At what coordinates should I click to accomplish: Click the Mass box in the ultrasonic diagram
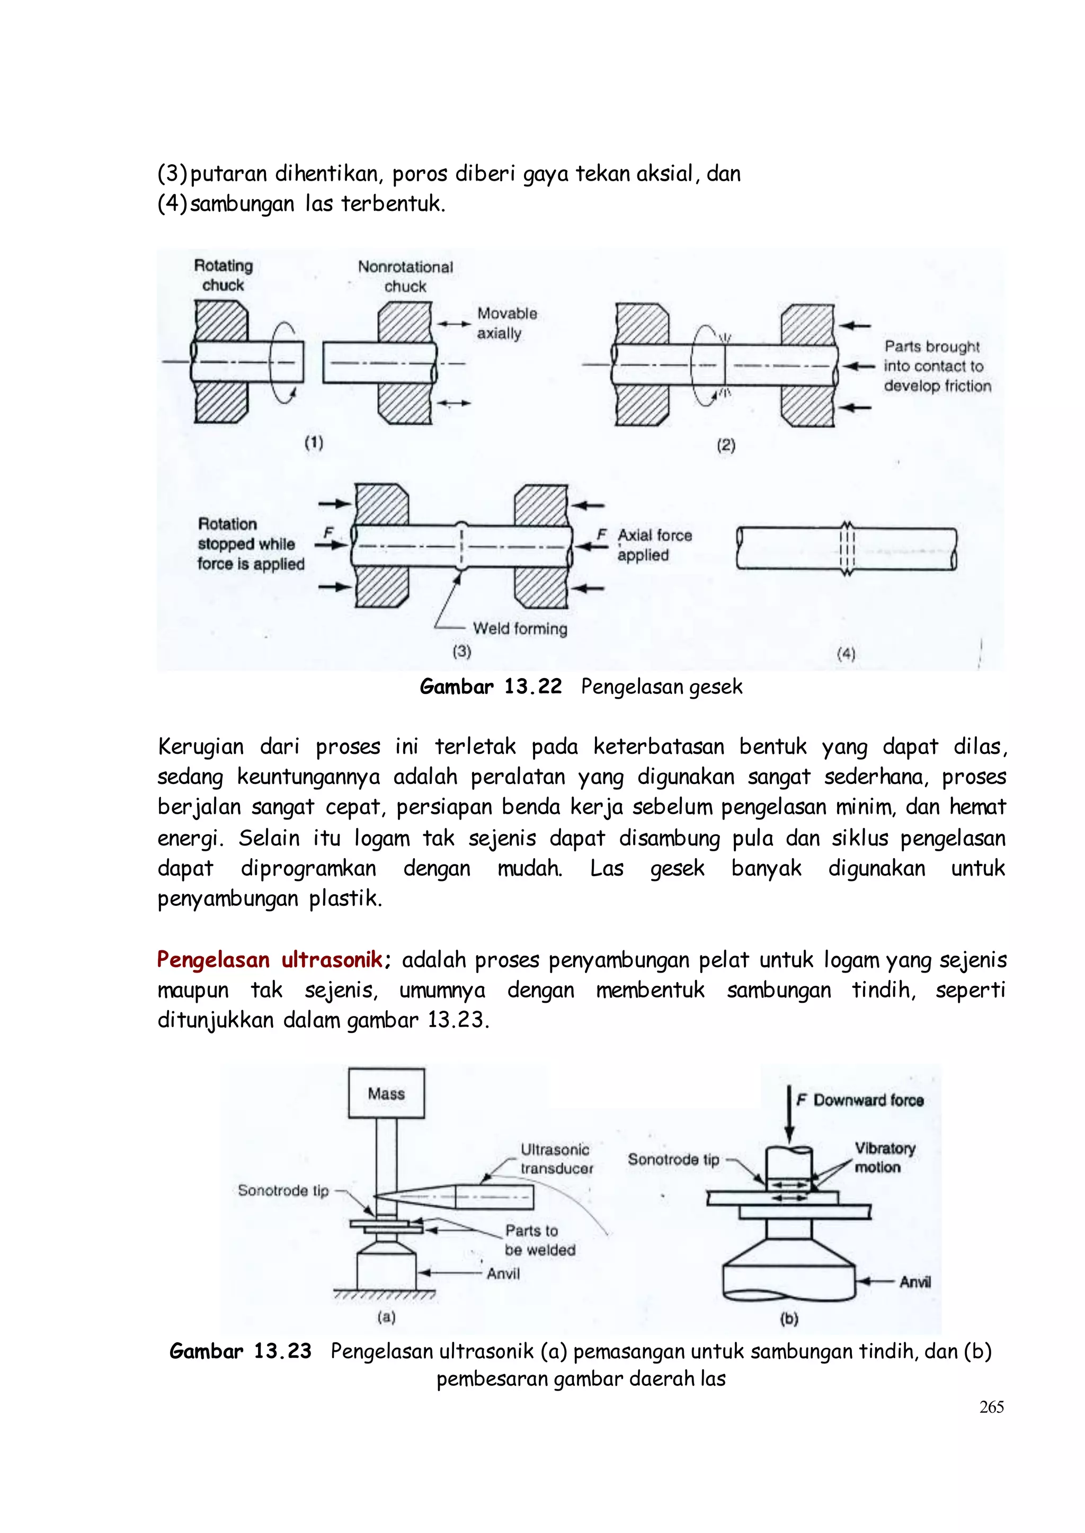point(386,1093)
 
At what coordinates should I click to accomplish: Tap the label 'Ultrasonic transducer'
point(556,1159)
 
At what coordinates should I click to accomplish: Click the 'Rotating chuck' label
point(223,275)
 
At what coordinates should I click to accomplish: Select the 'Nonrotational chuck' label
point(405,277)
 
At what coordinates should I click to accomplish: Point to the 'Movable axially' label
point(506,323)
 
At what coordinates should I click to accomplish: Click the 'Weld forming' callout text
point(520,629)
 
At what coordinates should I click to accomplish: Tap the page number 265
point(991,1407)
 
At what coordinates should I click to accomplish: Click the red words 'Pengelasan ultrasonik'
point(270,960)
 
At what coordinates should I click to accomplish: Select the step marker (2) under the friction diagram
point(726,445)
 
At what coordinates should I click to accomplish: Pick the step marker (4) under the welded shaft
point(846,654)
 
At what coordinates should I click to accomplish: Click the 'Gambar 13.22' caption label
point(491,687)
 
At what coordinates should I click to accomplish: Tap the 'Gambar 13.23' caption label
point(241,1351)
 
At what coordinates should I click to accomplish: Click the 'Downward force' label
point(868,1100)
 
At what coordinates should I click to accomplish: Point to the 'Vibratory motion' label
point(885,1157)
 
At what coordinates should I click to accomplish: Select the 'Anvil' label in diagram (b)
point(914,1282)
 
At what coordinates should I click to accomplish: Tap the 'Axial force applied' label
point(654,545)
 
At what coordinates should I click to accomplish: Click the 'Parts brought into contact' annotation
point(937,366)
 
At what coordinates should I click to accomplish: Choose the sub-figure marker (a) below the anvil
point(386,1317)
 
